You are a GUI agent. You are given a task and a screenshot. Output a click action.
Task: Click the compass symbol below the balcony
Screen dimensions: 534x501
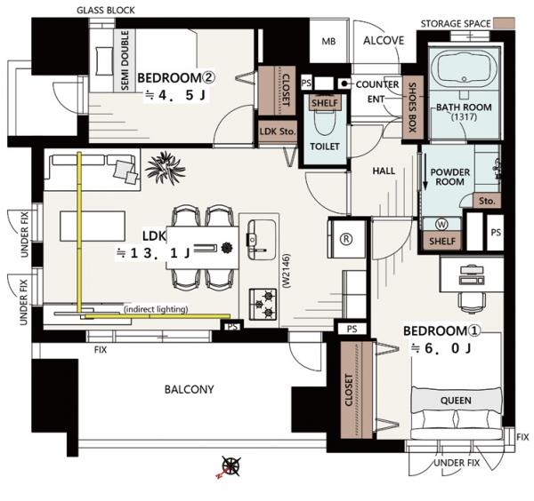tap(231, 466)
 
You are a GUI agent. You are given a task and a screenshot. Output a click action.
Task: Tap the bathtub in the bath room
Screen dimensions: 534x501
tap(465, 69)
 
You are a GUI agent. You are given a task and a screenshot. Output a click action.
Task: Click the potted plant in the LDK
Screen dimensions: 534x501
tap(166, 168)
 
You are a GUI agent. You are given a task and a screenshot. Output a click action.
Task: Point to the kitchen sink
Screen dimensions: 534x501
tap(262, 240)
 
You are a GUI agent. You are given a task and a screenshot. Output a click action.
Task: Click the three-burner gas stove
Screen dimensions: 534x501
tap(263, 304)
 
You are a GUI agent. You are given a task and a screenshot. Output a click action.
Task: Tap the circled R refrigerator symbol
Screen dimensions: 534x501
tap(346, 239)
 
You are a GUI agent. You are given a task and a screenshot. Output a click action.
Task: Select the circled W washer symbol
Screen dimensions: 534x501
tap(441, 225)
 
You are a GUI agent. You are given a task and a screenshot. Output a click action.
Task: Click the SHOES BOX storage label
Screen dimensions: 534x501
tap(412, 107)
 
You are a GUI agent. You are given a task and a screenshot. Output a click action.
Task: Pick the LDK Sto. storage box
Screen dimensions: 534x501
tap(277, 131)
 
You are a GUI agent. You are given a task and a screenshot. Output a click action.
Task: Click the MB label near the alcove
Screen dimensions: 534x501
tap(328, 42)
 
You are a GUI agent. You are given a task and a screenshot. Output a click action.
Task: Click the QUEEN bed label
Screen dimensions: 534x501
tap(456, 401)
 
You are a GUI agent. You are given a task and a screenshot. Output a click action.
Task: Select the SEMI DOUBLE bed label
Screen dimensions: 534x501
tap(125, 60)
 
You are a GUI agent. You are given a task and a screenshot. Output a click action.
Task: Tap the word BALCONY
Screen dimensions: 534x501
tap(189, 389)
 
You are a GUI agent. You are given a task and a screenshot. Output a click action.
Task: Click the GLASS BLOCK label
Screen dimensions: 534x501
tap(106, 10)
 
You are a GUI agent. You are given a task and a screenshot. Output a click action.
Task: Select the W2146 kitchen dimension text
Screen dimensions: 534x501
tap(287, 271)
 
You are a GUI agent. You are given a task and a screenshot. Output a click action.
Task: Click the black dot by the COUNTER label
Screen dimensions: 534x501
tap(344, 83)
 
